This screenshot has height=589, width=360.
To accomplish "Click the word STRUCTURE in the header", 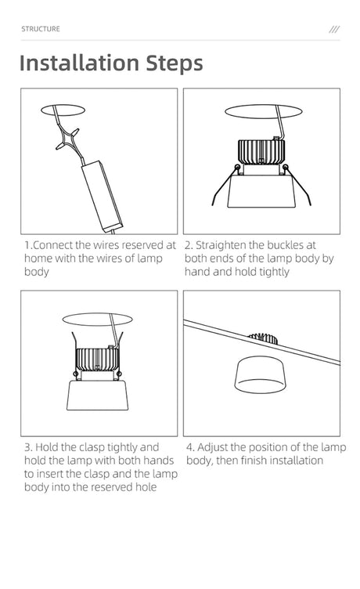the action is click(41, 29).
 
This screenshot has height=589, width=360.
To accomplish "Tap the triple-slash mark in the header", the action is click(334, 29).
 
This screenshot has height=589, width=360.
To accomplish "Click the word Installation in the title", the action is click(80, 63).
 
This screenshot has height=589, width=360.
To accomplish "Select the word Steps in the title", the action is click(175, 64).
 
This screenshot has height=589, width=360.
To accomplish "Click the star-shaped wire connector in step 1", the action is click(67, 139).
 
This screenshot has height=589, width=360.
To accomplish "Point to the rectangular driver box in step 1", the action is click(102, 195).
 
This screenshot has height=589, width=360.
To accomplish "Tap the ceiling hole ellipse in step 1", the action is click(63, 110).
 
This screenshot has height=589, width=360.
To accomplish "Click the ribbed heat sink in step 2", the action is click(261, 152).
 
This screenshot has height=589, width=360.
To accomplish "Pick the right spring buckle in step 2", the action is click(298, 185).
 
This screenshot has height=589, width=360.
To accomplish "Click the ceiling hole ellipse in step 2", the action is click(263, 111).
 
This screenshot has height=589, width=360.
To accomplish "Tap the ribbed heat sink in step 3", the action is click(98, 360).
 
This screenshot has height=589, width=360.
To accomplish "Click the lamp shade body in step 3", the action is click(98, 396).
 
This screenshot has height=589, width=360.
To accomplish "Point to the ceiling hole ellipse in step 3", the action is click(97, 320).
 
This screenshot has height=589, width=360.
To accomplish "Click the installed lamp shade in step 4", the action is click(259, 375).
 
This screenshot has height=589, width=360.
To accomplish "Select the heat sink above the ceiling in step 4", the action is click(264, 338).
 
